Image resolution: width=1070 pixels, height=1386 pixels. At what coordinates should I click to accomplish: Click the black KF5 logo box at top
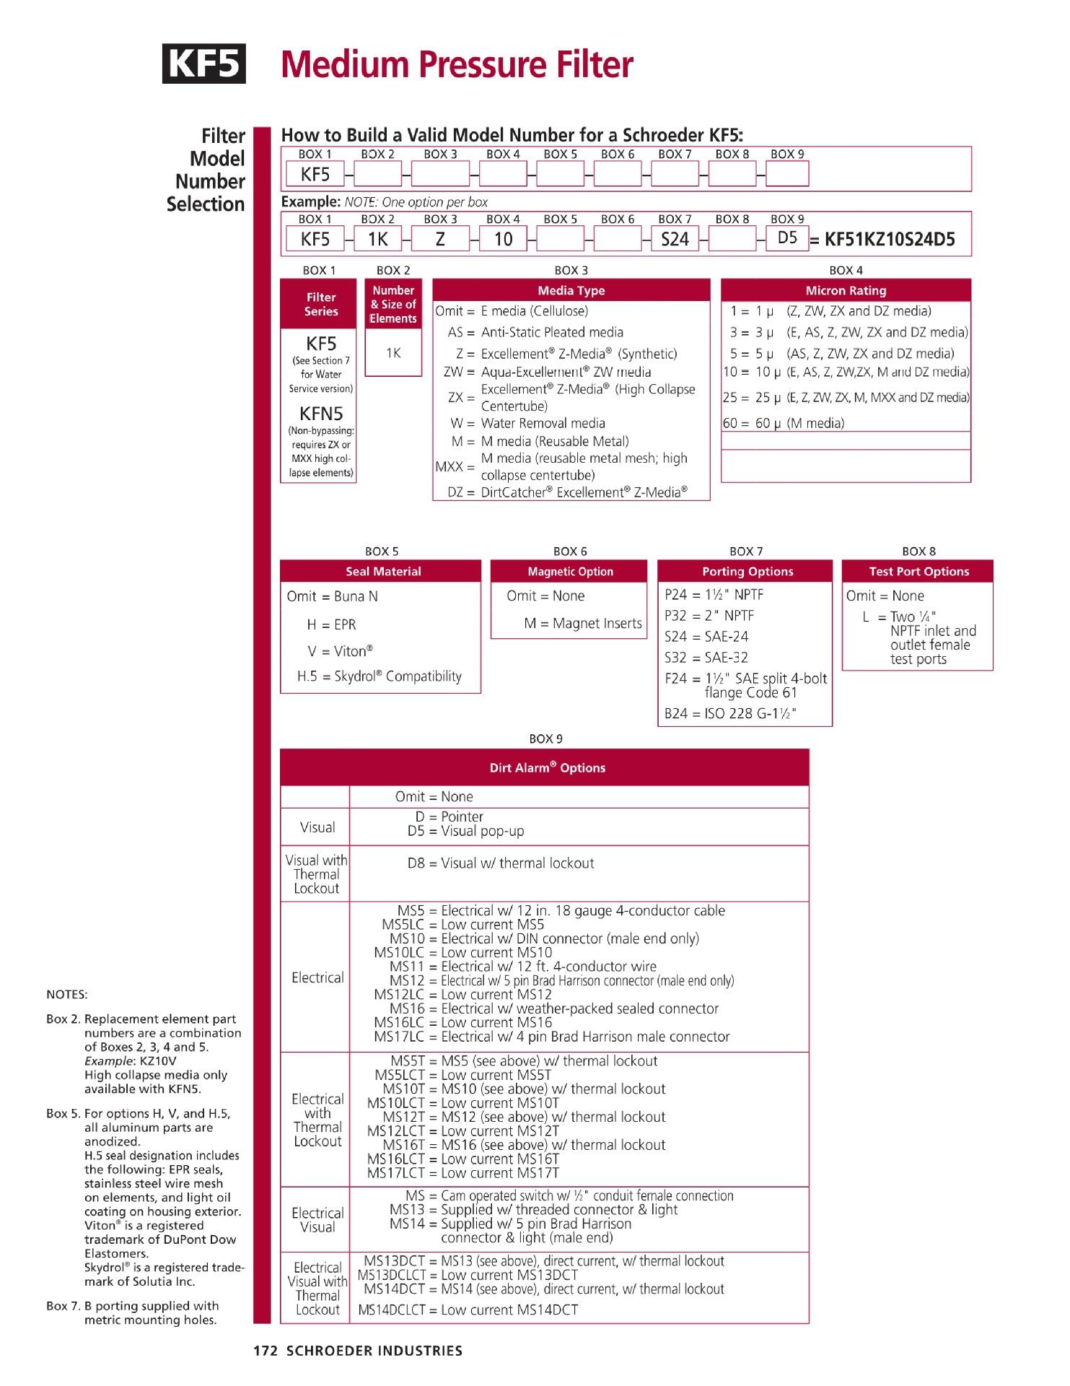(203, 64)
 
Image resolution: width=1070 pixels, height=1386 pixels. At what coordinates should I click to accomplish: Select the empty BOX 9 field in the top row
(786, 174)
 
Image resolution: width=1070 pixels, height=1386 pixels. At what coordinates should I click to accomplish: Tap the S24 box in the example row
(675, 240)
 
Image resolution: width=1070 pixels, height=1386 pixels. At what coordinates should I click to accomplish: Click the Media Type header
(571, 291)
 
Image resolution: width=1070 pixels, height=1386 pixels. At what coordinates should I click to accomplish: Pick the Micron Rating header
(846, 291)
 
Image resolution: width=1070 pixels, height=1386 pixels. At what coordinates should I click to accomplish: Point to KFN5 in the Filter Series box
(321, 414)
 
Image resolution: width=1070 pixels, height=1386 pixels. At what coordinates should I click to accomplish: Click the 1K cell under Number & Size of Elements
(393, 353)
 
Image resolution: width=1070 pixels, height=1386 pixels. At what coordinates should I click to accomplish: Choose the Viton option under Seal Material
(340, 651)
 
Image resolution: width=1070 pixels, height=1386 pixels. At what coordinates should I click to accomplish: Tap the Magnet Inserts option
(583, 624)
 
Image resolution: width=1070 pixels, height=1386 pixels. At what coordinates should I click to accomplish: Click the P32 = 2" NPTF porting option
(709, 616)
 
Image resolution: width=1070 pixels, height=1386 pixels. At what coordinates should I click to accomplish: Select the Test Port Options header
(918, 572)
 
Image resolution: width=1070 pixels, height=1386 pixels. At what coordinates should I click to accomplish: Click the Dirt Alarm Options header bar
(545, 768)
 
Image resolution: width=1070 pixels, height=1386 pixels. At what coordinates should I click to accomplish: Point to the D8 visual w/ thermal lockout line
(501, 863)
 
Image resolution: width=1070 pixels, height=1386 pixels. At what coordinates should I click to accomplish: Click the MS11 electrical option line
(523, 967)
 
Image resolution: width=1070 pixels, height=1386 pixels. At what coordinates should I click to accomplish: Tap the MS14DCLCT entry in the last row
(468, 1310)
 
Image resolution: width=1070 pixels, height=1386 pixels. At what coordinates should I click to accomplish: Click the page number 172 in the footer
(266, 1351)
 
